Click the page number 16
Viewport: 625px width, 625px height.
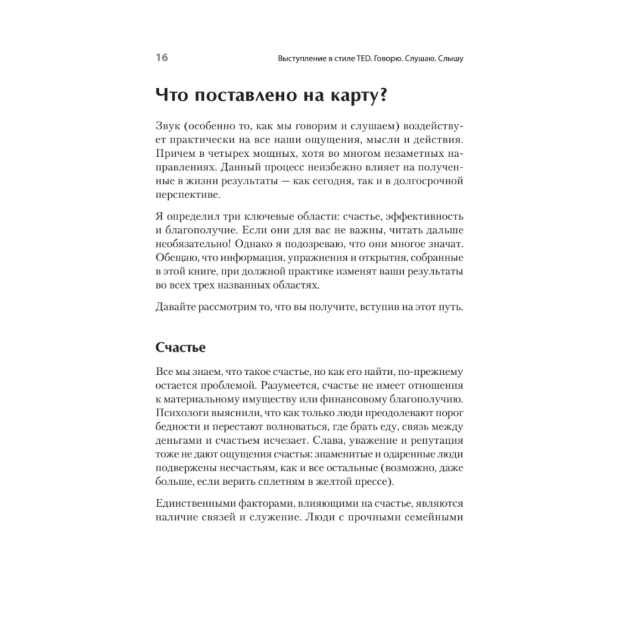[161, 58]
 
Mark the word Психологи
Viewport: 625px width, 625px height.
[180, 414]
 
